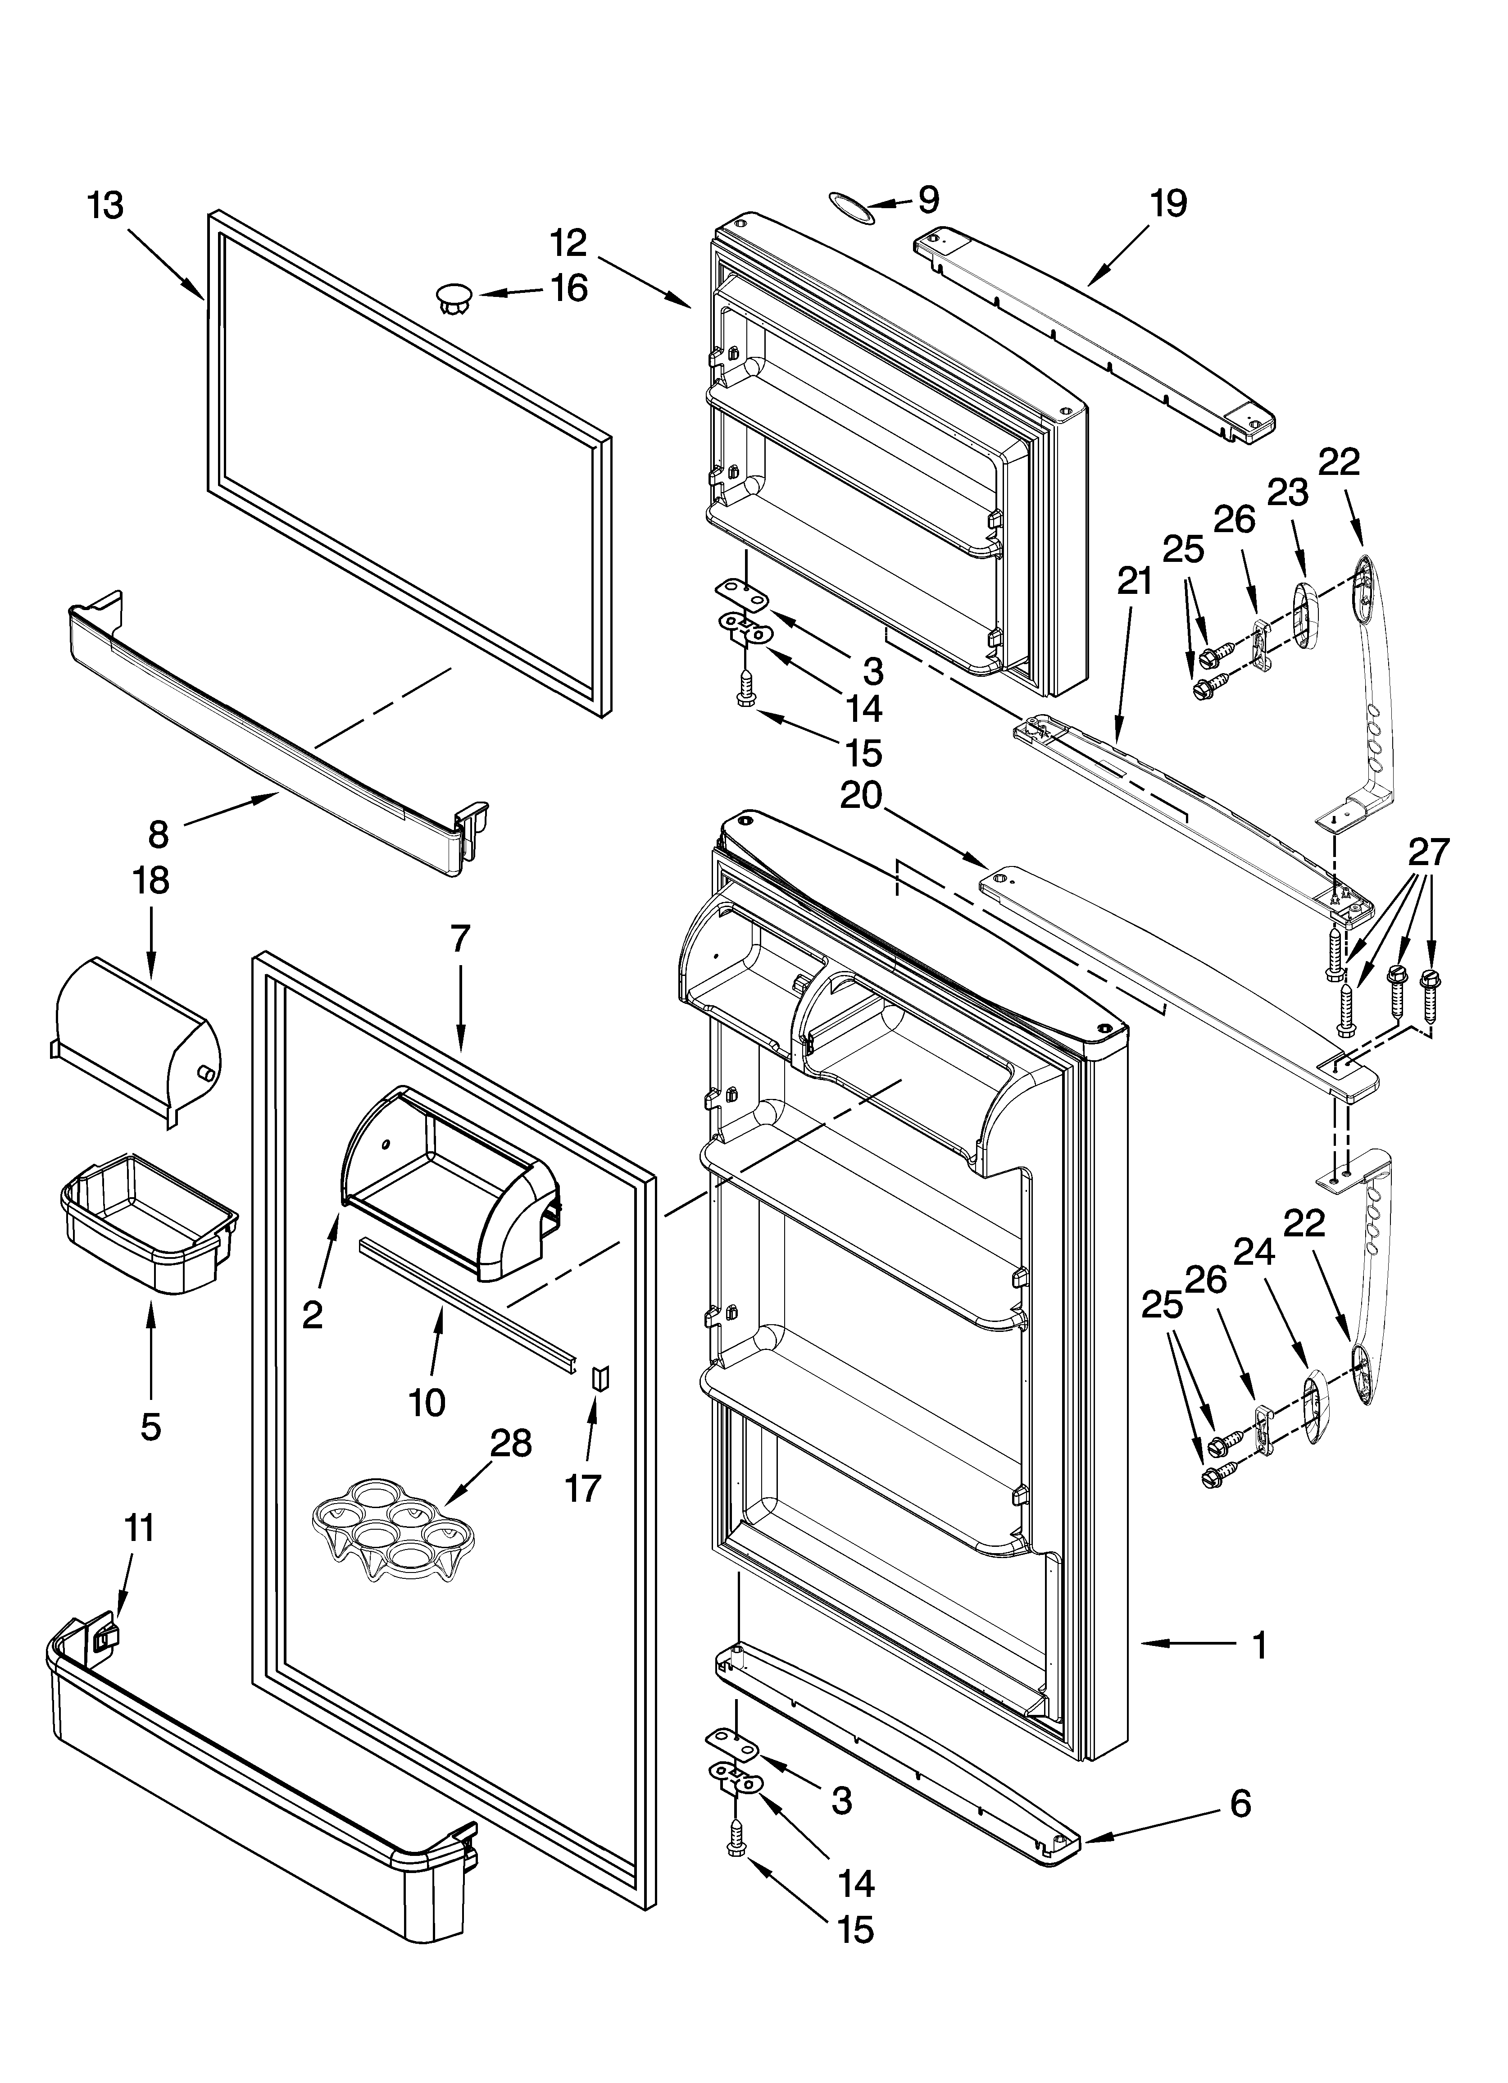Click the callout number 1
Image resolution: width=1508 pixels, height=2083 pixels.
[x=1260, y=1645]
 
